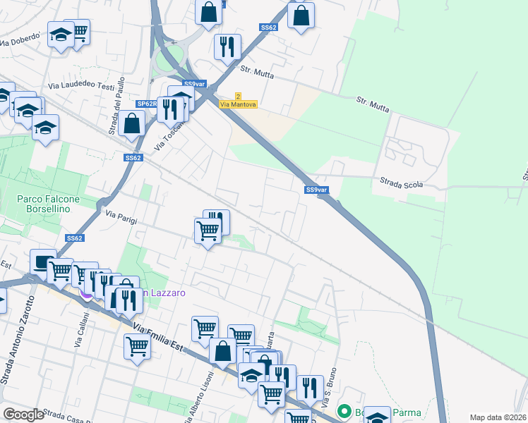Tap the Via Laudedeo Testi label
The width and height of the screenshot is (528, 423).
(x=81, y=86)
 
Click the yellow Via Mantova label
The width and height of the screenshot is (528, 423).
(x=238, y=104)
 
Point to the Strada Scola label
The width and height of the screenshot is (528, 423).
(x=402, y=184)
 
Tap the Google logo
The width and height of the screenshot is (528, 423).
(x=23, y=415)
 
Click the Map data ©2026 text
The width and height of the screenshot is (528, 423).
(x=498, y=417)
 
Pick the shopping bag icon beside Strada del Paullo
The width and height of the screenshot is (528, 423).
(x=132, y=123)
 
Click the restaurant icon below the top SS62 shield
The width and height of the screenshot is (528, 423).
(x=227, y=47)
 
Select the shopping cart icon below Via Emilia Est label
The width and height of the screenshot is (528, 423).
(x=136, y=346)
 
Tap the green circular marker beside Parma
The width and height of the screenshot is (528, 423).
(x=344, y=410)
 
